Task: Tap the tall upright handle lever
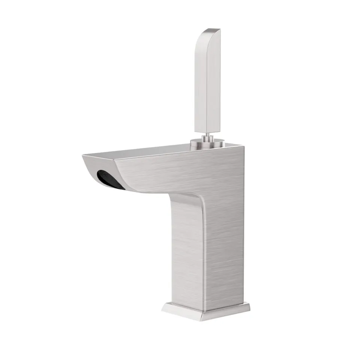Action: [207, 82]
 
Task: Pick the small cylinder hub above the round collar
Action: [207, 140]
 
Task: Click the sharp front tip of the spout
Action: [83, 156]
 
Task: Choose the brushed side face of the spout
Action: [169, 172]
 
